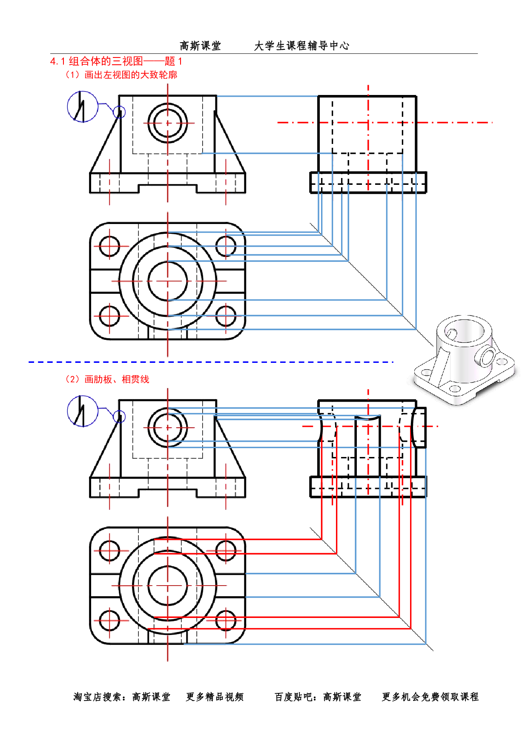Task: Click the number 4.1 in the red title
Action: [57, 61]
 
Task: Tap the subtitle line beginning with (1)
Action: [121, 75]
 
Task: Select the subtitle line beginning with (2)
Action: [107, 379]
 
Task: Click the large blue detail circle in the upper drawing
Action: [83, 106]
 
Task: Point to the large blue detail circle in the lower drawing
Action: [83, 411]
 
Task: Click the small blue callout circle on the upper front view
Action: [120, 112]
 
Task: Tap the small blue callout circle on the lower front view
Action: [120, 417]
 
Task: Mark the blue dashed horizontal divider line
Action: [211, 362]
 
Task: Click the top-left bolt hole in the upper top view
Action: [110, 246]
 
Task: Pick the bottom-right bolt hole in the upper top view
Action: [226, 316]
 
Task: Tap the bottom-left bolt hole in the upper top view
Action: [110, 316]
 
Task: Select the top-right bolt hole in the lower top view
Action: [226, 550]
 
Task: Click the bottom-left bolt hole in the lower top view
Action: [110, 621]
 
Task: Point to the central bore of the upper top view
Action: [168, 281]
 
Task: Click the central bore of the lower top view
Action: [168, 586]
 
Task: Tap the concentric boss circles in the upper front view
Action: [168, 123]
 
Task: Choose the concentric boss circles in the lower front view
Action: [168, 427]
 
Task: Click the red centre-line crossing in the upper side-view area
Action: [368, 123]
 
